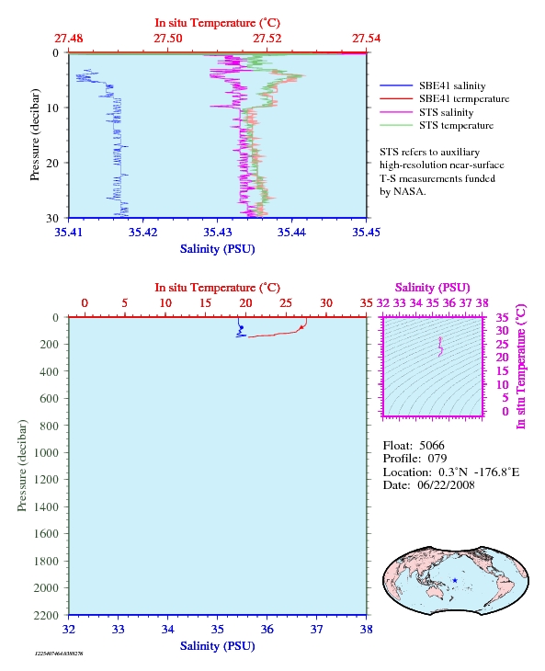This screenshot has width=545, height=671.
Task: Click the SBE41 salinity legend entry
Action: (452, 85)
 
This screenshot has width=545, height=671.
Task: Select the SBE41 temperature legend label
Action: (464, 99)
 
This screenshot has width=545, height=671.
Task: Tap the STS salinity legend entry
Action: (446, 112)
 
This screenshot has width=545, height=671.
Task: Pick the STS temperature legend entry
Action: (456, 125)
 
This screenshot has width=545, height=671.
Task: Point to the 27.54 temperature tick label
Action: (366, 39)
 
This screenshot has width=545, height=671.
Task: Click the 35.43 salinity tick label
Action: (217, 233)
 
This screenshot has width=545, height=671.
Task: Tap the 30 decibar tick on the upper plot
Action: (52, 218)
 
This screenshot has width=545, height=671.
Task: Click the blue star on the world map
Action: (455, 581)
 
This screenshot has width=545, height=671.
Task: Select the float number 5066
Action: (432, 446)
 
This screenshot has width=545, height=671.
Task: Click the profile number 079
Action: (437, 459)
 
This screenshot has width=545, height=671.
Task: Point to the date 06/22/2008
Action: (446, 485)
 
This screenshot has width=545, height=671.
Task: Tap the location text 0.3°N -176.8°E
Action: (479, 472)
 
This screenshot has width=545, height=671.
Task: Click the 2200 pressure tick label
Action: (46, 615)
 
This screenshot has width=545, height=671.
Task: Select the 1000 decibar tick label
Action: (46, 453)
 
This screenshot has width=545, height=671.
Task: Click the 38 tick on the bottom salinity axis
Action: (366, 630)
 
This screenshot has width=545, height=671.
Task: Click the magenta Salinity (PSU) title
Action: (433, 288)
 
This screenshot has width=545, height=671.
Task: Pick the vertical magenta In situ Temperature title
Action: (520, 367)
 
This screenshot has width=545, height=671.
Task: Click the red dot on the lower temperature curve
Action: (301, 327)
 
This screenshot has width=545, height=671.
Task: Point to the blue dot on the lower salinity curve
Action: (242, 328)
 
